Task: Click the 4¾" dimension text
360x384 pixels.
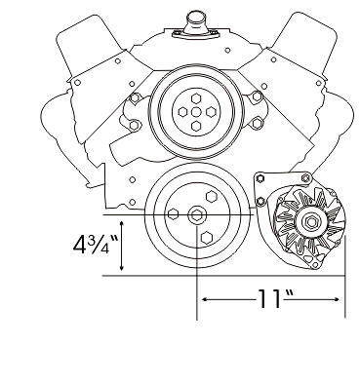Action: pos(96,245)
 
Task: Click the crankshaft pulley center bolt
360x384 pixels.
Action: pos(196,214)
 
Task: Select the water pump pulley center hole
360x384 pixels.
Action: pos(196,112)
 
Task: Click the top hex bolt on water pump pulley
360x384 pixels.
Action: pos(195,98)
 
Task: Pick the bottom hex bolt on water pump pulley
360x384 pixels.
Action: pos(196,126)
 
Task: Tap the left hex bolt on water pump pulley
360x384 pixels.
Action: pos(182,112)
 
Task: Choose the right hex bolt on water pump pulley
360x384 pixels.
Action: pos(211,112)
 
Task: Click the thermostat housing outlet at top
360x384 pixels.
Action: pos(194,22)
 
